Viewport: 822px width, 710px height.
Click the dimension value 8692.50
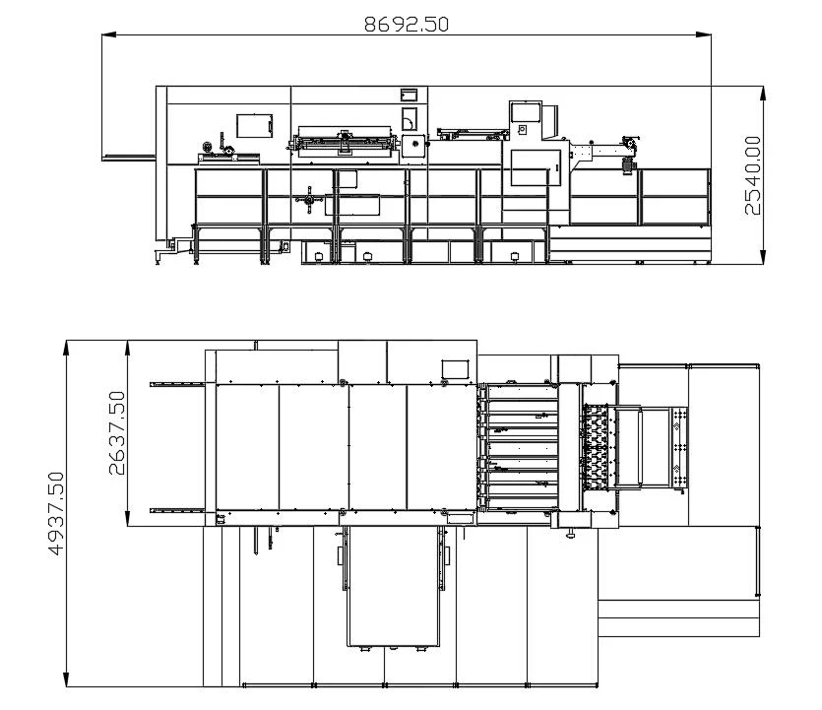[407, 24]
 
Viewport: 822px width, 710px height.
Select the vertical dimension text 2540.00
[752, 175]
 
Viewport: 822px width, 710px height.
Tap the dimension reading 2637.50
[117, 433]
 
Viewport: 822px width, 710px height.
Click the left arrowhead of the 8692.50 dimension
[108, 34]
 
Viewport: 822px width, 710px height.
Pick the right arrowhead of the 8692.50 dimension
[704, 34]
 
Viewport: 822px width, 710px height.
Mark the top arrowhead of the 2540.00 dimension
[763, 94]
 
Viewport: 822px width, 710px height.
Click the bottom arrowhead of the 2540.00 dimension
[763, 257]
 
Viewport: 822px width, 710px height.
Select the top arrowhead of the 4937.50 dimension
[66, 348]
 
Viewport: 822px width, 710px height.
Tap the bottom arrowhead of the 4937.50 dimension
[66, 679]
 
